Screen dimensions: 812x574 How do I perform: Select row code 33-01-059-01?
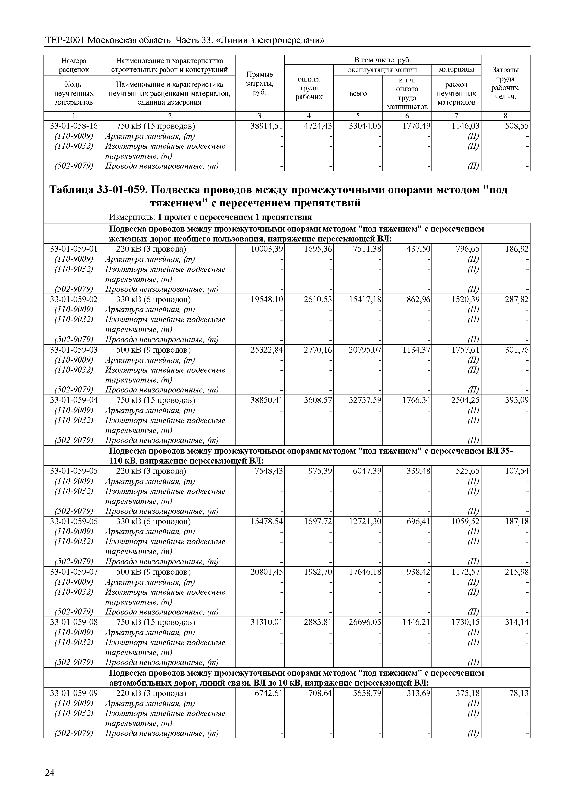pos(74,249)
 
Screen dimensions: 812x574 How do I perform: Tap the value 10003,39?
pos(267,249)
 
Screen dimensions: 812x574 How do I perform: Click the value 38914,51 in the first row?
pos(267,126)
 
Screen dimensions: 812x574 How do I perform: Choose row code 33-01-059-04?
pos(74,400)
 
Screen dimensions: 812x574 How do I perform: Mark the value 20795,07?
pos(365,350)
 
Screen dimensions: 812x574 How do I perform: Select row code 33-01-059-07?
pos(74,572)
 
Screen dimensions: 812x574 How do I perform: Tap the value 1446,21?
pos(416,622)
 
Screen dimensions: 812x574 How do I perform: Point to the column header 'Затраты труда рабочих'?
pos(506,83)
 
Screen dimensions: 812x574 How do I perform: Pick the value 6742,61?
pos(269,693)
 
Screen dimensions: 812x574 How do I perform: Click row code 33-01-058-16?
pos(74,126)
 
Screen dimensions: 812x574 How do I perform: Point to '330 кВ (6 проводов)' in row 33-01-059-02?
pos(153,300)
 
